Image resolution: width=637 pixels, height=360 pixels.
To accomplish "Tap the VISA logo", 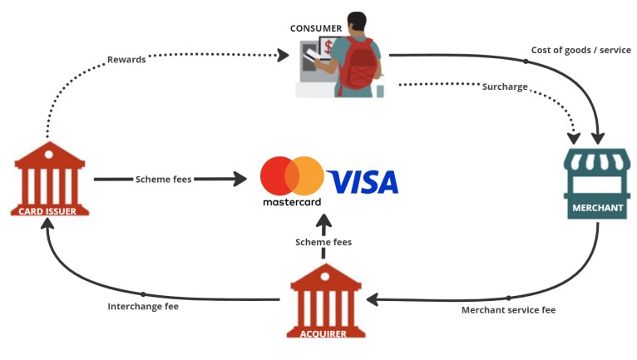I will point(363,181).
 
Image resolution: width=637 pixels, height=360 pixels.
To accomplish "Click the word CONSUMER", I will point(316,28).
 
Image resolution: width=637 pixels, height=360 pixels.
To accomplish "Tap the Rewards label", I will point(126,59).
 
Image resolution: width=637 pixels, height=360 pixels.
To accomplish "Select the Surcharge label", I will point(505,86).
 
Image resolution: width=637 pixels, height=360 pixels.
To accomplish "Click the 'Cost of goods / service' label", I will point(580,50).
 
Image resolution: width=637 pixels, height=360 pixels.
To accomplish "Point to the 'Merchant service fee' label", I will point(508,310).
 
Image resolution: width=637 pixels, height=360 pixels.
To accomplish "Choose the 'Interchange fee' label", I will point(143,306).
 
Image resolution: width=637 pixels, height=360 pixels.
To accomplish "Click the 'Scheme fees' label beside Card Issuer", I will point(164,179).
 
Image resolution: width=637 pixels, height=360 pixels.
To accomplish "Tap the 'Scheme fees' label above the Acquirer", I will point(323,242).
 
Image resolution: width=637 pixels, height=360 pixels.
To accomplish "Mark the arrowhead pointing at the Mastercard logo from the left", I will point(239,179).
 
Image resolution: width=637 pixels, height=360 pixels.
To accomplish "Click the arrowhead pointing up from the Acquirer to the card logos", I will point(323,222).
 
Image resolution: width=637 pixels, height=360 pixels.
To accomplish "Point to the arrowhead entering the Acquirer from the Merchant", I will point(374,298).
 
